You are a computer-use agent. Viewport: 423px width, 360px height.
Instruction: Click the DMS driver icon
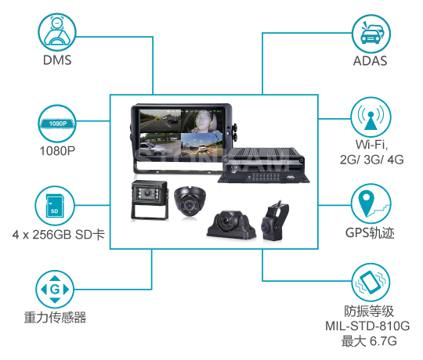coord(57,32)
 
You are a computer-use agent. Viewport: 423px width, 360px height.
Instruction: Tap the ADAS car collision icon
coord(371,34)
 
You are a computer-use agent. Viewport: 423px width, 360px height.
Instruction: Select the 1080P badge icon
coord(57,124)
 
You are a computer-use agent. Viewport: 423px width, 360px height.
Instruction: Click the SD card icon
coord(55,206)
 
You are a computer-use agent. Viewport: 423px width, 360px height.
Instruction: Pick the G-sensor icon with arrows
coord(55,290)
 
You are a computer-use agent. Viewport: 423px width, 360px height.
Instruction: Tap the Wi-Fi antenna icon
coord(371,117)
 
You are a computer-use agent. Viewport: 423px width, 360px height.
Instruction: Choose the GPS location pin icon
coord(371,203)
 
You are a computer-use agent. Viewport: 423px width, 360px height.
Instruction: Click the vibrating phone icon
coord(371,282)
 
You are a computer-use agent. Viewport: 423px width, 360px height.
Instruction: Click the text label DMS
coord(57,60)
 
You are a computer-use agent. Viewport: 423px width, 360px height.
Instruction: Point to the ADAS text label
coord(370,61)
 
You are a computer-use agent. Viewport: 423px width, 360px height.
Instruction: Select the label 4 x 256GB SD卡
coord(59,235)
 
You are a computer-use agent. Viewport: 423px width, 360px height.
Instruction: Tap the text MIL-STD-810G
coord(367,326)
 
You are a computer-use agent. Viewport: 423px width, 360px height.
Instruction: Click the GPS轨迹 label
coord(370,232)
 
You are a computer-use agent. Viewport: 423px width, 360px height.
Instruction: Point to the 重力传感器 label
coord(55,318)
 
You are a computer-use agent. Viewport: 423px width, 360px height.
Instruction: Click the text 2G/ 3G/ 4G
coord(372,160)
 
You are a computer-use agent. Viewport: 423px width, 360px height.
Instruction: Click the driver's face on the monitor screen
coord(203,121)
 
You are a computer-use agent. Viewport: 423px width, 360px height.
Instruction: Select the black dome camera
coord(190,201)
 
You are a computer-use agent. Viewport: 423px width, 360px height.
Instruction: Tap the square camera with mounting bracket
coord(150,200)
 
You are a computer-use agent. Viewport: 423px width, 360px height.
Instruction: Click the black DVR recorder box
coord(264,165)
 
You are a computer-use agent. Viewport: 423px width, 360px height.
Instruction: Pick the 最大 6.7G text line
coord(369,341)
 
